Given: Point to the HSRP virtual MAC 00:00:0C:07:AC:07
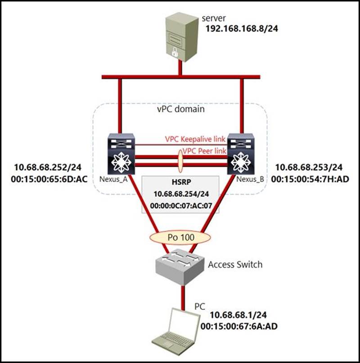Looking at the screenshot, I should point(181,206).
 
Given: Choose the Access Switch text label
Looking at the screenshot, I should point(235,264).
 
